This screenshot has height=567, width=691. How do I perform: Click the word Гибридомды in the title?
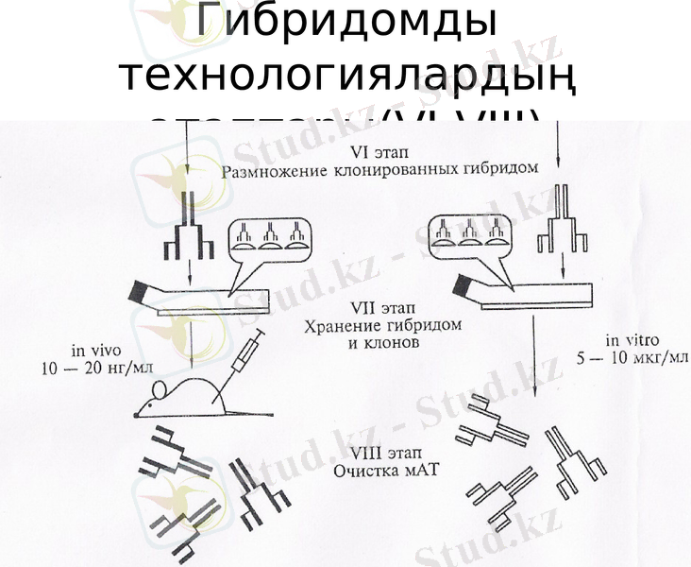[x=345, y=24]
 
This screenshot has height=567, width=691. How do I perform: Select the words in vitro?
[x=632, y=340]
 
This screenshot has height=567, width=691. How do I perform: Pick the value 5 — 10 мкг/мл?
[x=632, y=358]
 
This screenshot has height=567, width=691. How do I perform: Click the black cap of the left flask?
[x=144, y=291]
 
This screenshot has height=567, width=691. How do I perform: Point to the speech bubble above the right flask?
[x=468, y=234]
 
